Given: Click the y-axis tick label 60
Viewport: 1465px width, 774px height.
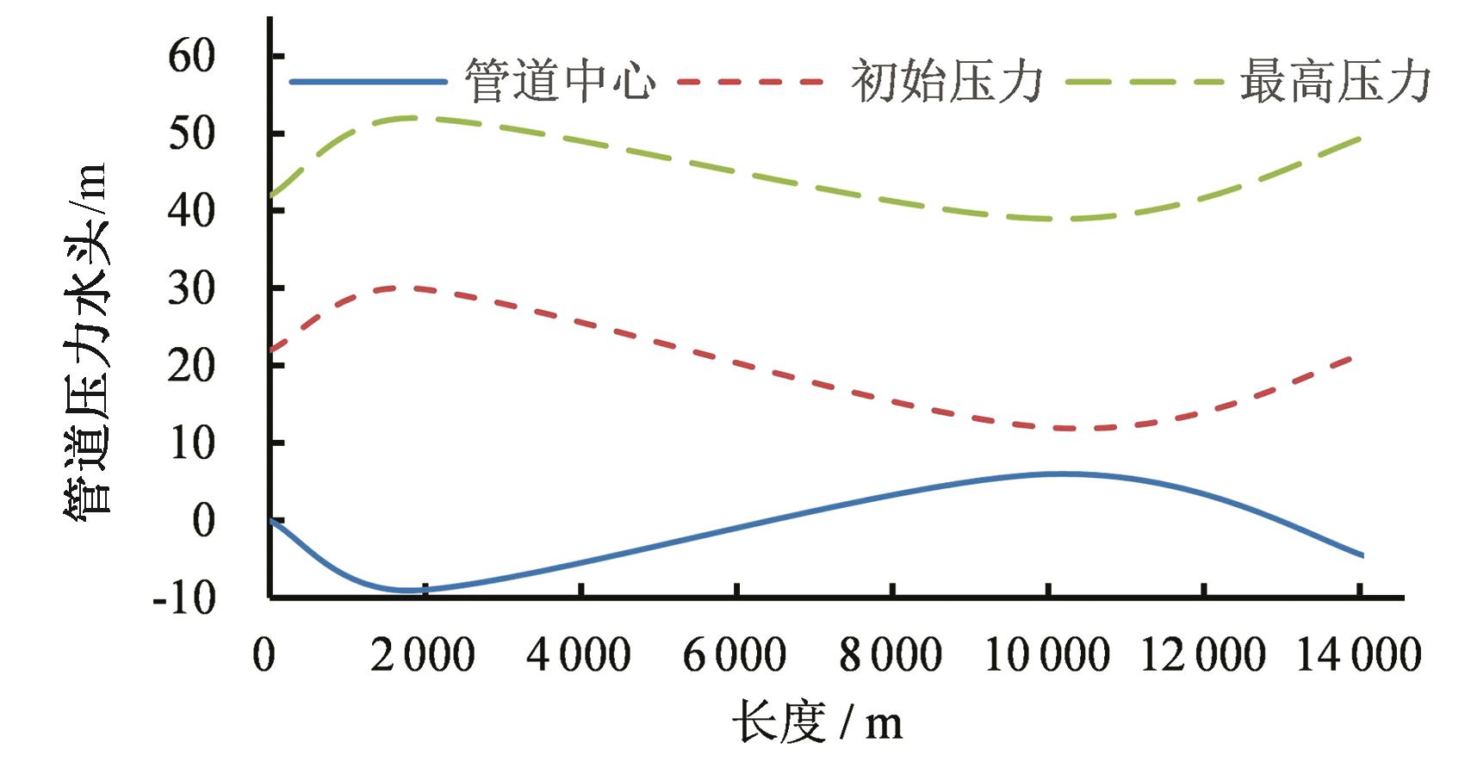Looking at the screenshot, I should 191,57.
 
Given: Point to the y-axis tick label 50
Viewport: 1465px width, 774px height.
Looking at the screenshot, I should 191,133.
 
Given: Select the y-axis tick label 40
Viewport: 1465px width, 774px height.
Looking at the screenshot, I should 191,211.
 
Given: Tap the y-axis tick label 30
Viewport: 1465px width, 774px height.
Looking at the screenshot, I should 191,288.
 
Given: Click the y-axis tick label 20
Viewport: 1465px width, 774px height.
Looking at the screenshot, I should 191,366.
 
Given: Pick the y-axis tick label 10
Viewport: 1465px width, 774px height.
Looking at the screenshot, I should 191,443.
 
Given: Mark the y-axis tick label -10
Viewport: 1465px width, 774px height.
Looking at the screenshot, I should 183,598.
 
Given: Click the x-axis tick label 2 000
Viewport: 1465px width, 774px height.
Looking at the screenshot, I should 423,655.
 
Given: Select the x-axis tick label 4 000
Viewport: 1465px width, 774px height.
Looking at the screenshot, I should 579,655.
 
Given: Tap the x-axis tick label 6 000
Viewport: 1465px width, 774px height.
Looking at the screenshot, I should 735,655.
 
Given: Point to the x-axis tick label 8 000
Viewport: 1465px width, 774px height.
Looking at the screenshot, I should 891,655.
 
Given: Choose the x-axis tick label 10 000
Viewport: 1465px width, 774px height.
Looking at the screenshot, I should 1046,655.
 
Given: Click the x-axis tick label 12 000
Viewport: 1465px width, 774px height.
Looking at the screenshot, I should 1202,655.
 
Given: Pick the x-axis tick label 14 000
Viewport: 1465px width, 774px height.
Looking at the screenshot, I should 1358,655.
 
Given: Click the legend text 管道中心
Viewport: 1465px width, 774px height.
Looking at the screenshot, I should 561,82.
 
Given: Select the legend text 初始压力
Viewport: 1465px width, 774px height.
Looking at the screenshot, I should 947,82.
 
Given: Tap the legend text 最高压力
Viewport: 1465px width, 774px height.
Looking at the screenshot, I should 1336,82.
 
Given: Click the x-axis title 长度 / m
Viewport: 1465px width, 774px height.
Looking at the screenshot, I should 817,721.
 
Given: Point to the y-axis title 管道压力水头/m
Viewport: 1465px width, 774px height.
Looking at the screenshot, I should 86,340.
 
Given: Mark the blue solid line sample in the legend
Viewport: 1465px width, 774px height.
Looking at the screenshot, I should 369,82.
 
